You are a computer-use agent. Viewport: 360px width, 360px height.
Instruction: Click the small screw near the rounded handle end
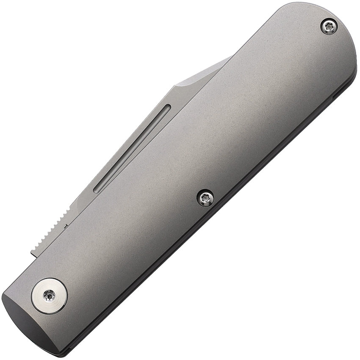(x=329, y=27)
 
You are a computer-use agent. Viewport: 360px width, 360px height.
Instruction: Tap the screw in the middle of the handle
(x=205, y=198)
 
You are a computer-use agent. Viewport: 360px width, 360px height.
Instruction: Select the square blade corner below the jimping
(x=32, y=255)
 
